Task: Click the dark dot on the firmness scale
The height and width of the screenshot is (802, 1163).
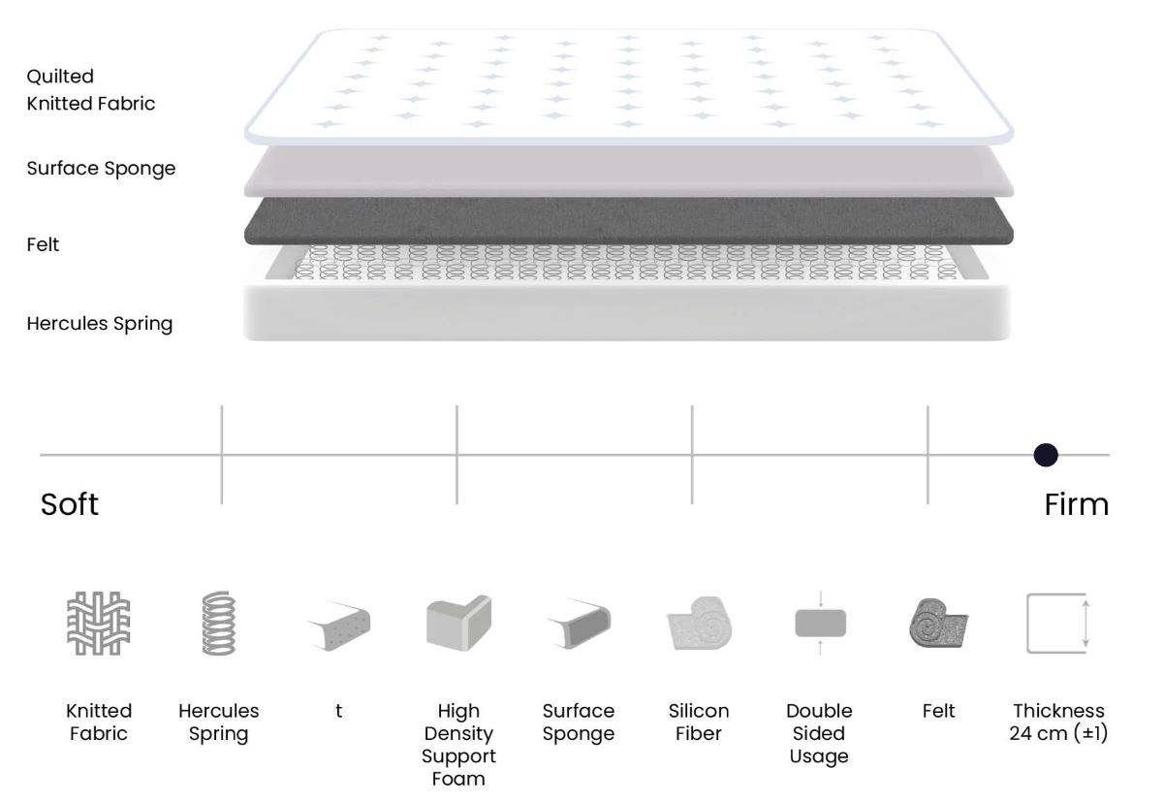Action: pos(1046,455)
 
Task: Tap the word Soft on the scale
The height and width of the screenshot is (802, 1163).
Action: pos(70,504)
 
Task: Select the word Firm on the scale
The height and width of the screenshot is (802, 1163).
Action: pos(1077,504)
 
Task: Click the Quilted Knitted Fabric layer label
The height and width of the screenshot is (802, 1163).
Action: pos(91,90)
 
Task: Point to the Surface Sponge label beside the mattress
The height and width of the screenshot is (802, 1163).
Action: pos(101,169)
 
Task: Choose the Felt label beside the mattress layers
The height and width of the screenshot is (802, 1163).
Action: pos(43,244)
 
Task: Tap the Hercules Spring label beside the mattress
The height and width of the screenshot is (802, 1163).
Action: pos(100,324)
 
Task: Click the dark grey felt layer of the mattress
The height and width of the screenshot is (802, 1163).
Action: pos(629,221)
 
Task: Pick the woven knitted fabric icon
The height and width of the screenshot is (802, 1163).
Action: pos(99,623)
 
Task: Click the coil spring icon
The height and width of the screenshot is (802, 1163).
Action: pos(219,623)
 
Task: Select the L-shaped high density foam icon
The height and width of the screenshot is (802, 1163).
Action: pos(458,623)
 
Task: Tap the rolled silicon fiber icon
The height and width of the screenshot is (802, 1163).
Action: pos(699,623)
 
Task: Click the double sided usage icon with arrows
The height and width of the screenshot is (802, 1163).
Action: pos(820,623)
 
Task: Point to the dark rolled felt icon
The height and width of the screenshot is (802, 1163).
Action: pos(939,623)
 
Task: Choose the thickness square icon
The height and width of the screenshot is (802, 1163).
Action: pos(1058,623)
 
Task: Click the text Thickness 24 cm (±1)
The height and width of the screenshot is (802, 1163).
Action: pos(1058,722)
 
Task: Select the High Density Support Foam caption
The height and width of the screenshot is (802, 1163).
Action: pos(458,745)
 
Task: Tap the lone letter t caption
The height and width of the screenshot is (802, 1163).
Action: pos(338,711)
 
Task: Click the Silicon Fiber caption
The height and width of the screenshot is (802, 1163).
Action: pos(699,722)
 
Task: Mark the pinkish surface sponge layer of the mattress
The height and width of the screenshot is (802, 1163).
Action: pos(629,171)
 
